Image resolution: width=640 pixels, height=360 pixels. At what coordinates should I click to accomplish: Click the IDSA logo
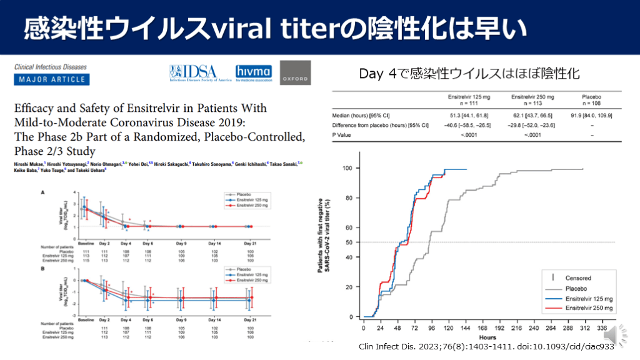(x=200, y=73)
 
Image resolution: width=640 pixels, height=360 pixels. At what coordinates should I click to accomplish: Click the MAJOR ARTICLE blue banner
(x=52, y=79)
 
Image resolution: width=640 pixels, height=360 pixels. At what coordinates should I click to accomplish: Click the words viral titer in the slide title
(x=277, y=27)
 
